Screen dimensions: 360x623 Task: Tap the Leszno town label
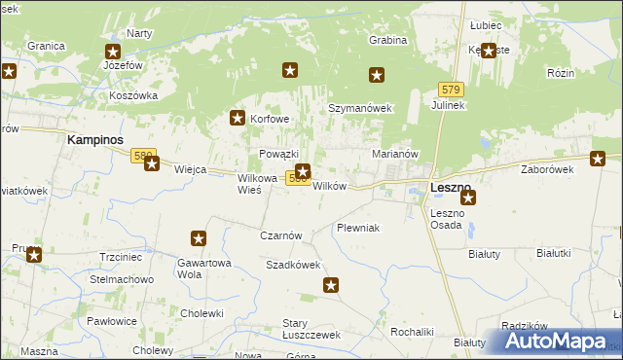(x=451, y=187)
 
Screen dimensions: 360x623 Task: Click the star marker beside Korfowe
(x=237, y=119)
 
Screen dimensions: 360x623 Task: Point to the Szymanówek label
(x=359, y=108)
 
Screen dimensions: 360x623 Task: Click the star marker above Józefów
(x=113, y=53)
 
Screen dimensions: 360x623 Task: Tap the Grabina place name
(x=387, y=41)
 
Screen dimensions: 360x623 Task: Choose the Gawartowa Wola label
(x=203, y=268)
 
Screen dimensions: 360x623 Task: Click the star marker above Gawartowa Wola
(x=199, y=238)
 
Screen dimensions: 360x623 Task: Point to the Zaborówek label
(x=548, y=168)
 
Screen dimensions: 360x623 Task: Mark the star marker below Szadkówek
(x=331, y=285)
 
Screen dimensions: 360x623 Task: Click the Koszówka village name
(x=134, y=95)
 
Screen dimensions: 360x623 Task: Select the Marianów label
(x=395, y=154)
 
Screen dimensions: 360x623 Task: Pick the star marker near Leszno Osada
(x=468, y=198)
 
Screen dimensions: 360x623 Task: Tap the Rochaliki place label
(x=411, y=331)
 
